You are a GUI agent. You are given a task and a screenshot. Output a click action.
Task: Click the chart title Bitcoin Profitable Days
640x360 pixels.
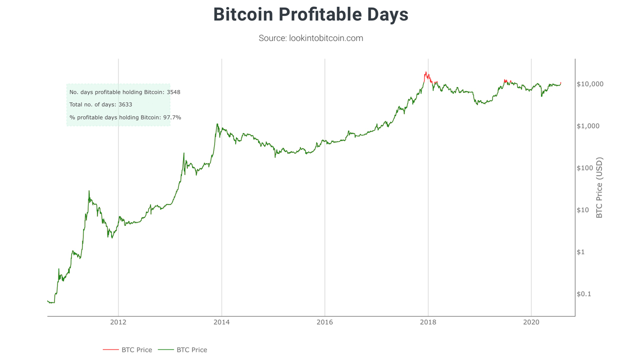tap(310, 14)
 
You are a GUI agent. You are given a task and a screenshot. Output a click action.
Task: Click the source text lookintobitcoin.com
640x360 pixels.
tap(310, 38)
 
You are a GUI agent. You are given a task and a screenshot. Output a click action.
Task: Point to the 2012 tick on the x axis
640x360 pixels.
tap(118, 322)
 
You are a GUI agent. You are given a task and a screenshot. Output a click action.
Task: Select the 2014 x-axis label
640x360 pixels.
tap(221, 322)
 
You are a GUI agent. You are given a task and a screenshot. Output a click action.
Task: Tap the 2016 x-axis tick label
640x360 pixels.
tap(325, 322)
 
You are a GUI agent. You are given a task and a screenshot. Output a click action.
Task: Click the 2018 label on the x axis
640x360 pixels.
tap(428, 322)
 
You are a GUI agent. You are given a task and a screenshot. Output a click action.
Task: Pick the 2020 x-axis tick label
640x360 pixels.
tap(531, 322)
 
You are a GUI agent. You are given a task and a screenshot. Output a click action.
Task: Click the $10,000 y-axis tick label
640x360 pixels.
tap(590, 84)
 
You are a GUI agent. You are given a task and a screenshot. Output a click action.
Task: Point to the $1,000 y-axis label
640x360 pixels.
tap(588, 126)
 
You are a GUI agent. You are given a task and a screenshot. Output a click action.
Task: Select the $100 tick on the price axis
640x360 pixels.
tap(585, 168)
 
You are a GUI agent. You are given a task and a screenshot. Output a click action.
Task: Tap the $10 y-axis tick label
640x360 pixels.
tap(583, 210)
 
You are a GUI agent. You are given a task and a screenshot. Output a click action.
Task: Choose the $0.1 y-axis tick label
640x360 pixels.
tap(583, 294)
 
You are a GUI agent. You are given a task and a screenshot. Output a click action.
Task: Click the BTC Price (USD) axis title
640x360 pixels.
tap(599, 188)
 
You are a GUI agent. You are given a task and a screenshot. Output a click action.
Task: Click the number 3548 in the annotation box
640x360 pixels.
tap(173, 92)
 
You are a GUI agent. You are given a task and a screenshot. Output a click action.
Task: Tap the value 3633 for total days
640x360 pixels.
tap(125, 104)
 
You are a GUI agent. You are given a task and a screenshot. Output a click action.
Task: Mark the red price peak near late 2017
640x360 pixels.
tap(425, 72)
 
